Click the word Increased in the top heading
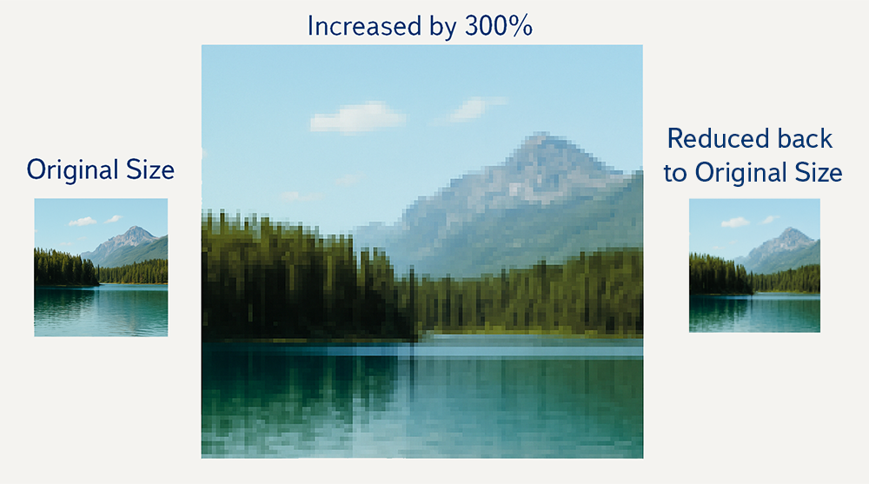tap(364, 26)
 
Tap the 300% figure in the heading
tap(498, 26)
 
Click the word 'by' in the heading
tap(443, 28)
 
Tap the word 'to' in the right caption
tap(675, 173)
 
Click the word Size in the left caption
tap(150, 169)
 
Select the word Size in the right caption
tap(819, 172)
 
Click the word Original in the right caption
tap(741, 174)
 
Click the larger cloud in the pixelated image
tap(357, 118)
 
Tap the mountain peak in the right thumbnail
tap(789, 229)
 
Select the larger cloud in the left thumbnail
tap(83, 222)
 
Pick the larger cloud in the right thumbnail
tap(735, 222)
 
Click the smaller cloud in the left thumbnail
tap(114, 219)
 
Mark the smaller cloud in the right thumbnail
tap(769, 220)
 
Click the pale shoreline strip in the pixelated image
tap(529, 336)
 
